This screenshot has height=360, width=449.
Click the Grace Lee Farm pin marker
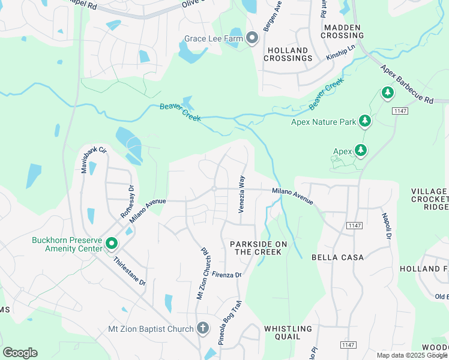pyautogui.click(x=252, y=38)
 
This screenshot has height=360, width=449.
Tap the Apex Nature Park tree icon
pyautogui.click(x=364, y=121)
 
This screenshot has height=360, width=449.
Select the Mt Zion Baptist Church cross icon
pyautogui.click(x=203, y=328)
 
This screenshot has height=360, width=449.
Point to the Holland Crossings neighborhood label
pyautogui.click(x=290, y=55)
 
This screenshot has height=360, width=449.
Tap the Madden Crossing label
pyautogui.click(x=342, y=31)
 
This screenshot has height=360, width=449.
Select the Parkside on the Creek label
pyautogui.click(x=258, y=248)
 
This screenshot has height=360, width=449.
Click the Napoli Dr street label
pyautogui.click(x=386, y=225)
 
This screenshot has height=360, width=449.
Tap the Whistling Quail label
pyautogui.click(x=288, y=332)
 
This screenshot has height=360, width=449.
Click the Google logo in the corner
pyautogui.click(x=20, y=352)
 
